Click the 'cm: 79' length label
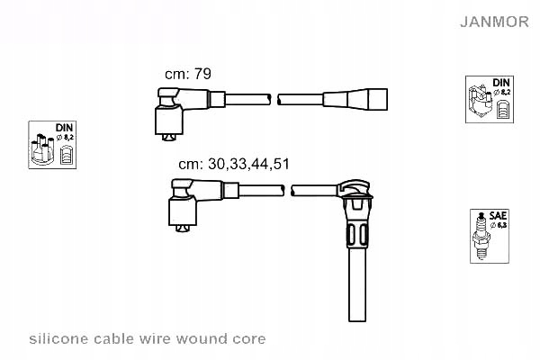click(x=187, y=74)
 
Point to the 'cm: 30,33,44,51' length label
click(x=233, y=164)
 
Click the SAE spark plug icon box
click(x=487, y=236)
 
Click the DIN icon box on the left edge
click(x=52, y=144)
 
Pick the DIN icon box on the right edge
click(x=490, y=99)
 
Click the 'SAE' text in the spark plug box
click(x=498, y=217)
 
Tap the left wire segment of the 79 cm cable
click(x=243, y=98)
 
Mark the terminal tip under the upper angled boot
click(x=168, y=137)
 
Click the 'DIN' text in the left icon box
click(x=63, y=129)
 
